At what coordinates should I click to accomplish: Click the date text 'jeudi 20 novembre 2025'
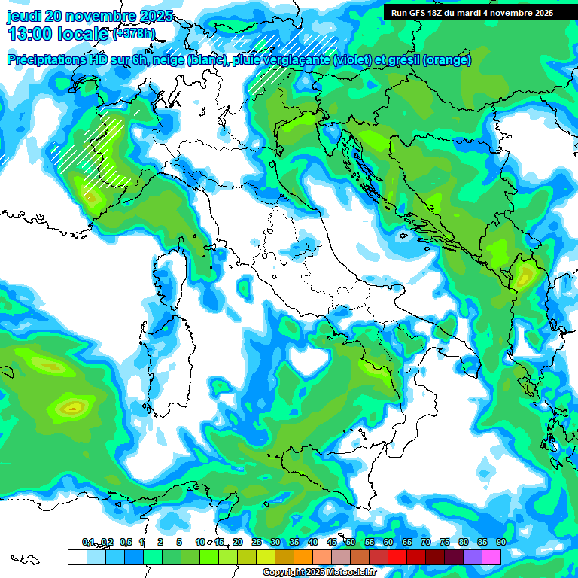pyautogui.click(x=89, y=16)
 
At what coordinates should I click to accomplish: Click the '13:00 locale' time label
pyautogui.click(x=57, y=33)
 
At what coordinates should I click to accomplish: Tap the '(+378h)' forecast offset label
pyautogui.click(x=134, y=34)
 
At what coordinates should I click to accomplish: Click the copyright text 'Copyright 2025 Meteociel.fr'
pyautogui.click(x=319, y=573)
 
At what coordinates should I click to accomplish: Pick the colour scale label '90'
pyautogui.click(x=500, y=542)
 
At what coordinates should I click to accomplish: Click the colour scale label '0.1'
pyautogui.click(x=87, y=542)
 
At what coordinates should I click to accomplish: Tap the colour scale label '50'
pyautogui.click(x=351, y=542)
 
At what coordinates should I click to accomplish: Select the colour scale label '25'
pyautogui.click(x=257, y=542)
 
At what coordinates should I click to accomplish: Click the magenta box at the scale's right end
pyautogui.click(x=491, y=557)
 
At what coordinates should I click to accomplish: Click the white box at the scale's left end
pyautogui.click(x=77, y=557)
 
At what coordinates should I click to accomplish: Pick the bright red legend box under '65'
pyautogui.click(x=416, y=557)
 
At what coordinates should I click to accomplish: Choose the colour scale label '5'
pyautogui.click(x=179, y=542)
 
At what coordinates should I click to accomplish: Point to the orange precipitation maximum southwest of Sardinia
pyautogui.click(x=72, y=409)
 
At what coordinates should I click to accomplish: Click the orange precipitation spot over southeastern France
pyautogui.click(x=92, y=198)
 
